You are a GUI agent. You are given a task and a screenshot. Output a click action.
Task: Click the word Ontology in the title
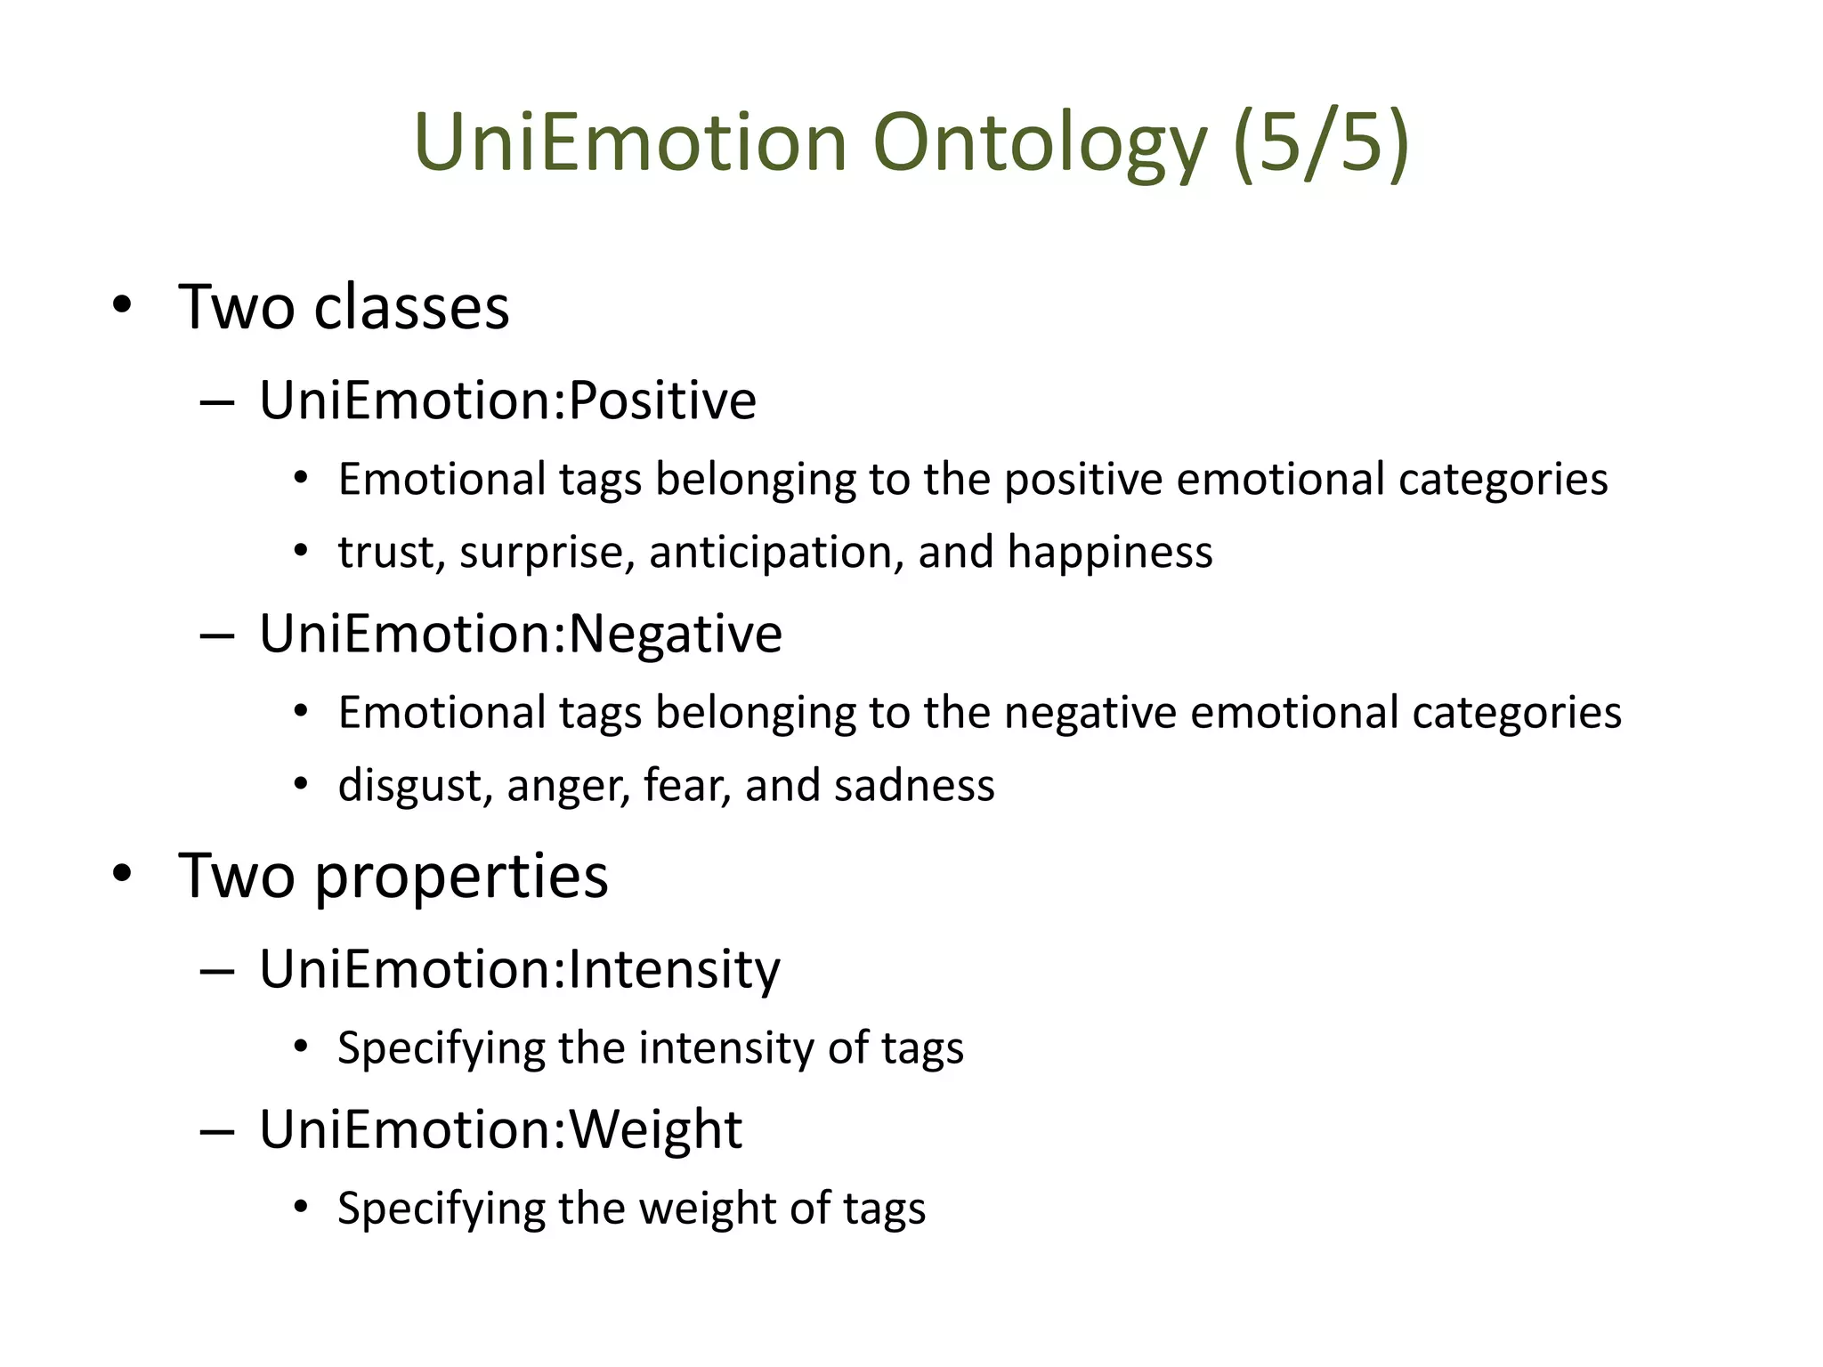(1039, 144)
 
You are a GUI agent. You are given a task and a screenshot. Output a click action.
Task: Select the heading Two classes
(344, 307)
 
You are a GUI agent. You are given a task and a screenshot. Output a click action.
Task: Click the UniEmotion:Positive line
(507, 400)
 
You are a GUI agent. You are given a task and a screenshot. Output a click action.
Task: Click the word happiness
(1110, 552)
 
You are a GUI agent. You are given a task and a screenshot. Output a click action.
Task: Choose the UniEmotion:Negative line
(521, 634)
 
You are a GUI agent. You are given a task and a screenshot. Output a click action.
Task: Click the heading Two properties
(393, 876)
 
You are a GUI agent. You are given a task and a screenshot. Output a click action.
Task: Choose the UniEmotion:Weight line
(500, 1129)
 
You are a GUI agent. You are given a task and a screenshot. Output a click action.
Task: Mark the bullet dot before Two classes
(122, 306)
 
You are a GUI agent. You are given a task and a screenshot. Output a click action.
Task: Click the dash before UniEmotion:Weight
(217, 1131)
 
